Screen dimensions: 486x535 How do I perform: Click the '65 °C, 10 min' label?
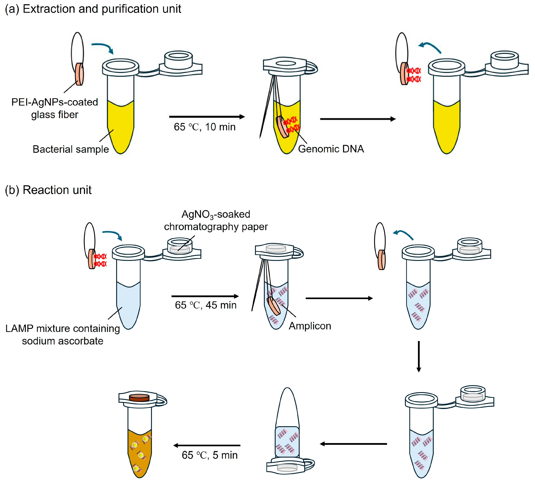[205, 127]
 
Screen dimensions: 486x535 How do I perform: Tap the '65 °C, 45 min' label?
[206, 305]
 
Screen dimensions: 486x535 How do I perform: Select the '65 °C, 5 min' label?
[210, 455]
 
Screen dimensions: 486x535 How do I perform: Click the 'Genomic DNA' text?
[331, 149]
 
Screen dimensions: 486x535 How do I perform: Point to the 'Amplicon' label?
[310, 326]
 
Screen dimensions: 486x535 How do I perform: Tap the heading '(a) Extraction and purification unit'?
[93, 9]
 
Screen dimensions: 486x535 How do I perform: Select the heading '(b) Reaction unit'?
[48, 190]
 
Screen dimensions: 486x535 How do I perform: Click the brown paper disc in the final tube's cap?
[139, 398]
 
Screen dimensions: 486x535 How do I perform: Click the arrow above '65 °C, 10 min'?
[207, 117]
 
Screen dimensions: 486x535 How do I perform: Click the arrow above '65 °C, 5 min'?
[207, 445]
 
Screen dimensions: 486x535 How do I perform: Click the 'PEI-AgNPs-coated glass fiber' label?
[54, 108]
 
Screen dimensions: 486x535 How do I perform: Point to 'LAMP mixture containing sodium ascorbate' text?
[63, 335]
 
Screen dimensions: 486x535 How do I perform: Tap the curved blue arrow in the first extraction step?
[103, 48]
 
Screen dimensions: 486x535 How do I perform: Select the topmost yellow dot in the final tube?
[145, 439]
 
